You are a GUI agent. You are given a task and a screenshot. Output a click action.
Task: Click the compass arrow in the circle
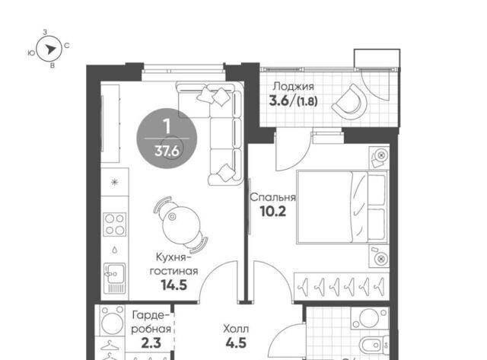click(50, 49)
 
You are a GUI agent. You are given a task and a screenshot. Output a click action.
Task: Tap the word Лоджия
click(293, 87)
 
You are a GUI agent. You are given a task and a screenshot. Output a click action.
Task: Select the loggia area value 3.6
click(279, 100)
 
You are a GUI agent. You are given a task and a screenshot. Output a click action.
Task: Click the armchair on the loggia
click(349, 100)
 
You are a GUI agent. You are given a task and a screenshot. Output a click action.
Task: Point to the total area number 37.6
click(167, 151)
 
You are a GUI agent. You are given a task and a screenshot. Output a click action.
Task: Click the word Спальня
click(272, 197)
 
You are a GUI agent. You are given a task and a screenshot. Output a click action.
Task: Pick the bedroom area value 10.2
click(272, 212)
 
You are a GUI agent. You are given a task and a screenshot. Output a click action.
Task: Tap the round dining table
click(182, 225)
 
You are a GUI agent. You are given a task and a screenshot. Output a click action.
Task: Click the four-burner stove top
click(115, 225)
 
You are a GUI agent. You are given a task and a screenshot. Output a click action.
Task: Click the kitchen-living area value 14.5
click(174, 285)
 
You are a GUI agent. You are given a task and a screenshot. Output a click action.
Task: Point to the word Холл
click(236, 329)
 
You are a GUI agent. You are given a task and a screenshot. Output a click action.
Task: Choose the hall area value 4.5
click(236, 343)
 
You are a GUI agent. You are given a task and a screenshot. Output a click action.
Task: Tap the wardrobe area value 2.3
click(151, 343)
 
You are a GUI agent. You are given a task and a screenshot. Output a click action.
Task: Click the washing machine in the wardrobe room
click(112, 320)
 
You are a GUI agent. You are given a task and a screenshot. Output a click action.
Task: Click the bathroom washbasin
click(368, 318)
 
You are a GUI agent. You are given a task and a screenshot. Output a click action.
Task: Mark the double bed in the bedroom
click(342, 207)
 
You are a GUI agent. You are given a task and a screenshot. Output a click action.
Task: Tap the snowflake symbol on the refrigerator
click(115, 182)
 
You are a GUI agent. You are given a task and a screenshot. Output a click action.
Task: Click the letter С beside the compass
click(67, 46)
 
